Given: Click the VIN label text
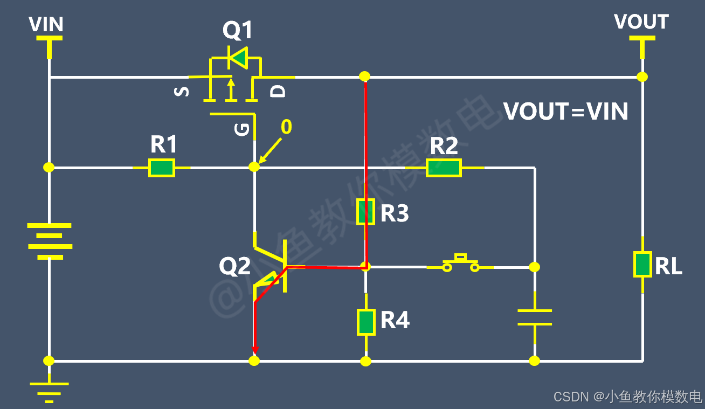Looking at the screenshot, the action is [x=46, y=24].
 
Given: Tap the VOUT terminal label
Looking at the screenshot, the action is [x=641, y=22].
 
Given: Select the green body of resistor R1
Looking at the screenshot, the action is [x=162, y=168].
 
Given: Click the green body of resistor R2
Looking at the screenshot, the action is [x=444, y=168].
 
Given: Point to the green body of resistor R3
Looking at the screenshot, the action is [x=365, y=212].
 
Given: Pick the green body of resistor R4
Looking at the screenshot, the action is [x=366, y=322].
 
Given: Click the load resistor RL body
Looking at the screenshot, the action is [x=642, y=264].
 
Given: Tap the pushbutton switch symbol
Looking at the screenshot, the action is [x=460, y=264].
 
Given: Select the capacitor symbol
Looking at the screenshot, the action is [x=535, y=317].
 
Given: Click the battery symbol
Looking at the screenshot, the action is [x=50, y=241].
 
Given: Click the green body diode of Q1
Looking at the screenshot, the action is [x=238, y=58].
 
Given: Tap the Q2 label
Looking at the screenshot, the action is [x=235, y=266].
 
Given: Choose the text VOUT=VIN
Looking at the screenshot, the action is [x=565, y=112].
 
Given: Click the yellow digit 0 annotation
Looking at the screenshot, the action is [x=286, y=127].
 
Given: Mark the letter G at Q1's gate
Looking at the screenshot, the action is [x=241, y=130].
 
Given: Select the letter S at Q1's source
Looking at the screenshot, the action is [x=182, y=92].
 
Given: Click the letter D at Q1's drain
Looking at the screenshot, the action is [x=278, y=92].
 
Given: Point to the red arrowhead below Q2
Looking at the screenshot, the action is [x=255, y=350].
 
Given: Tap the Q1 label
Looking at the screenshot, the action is [x=238, y=30].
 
